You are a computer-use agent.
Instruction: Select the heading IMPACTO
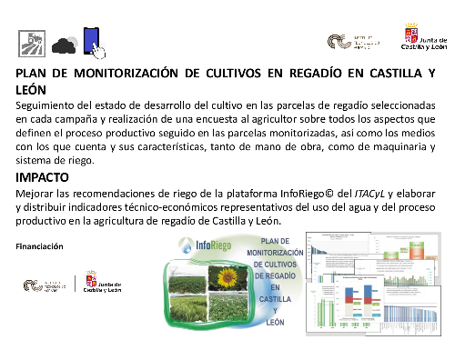(47, 177)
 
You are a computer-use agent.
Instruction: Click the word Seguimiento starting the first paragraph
(52, 106)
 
